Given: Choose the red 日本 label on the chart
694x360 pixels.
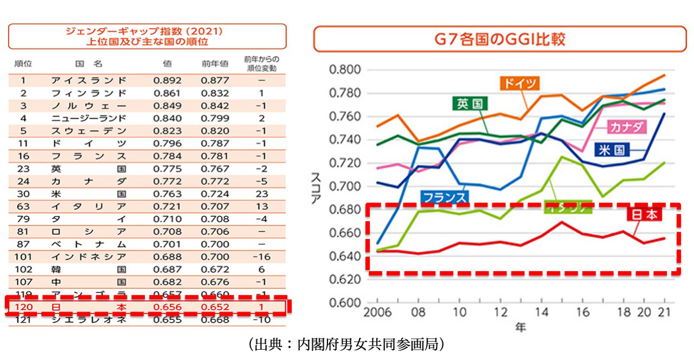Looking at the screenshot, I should (644, 215).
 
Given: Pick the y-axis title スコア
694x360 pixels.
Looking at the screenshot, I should (317, 187).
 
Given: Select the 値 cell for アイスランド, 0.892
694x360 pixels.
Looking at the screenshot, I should (168, 80).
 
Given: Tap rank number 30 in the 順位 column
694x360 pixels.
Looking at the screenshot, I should (23, 194).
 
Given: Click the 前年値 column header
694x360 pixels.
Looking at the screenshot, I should (215, 63).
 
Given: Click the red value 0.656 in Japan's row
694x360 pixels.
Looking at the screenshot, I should (168, 307).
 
